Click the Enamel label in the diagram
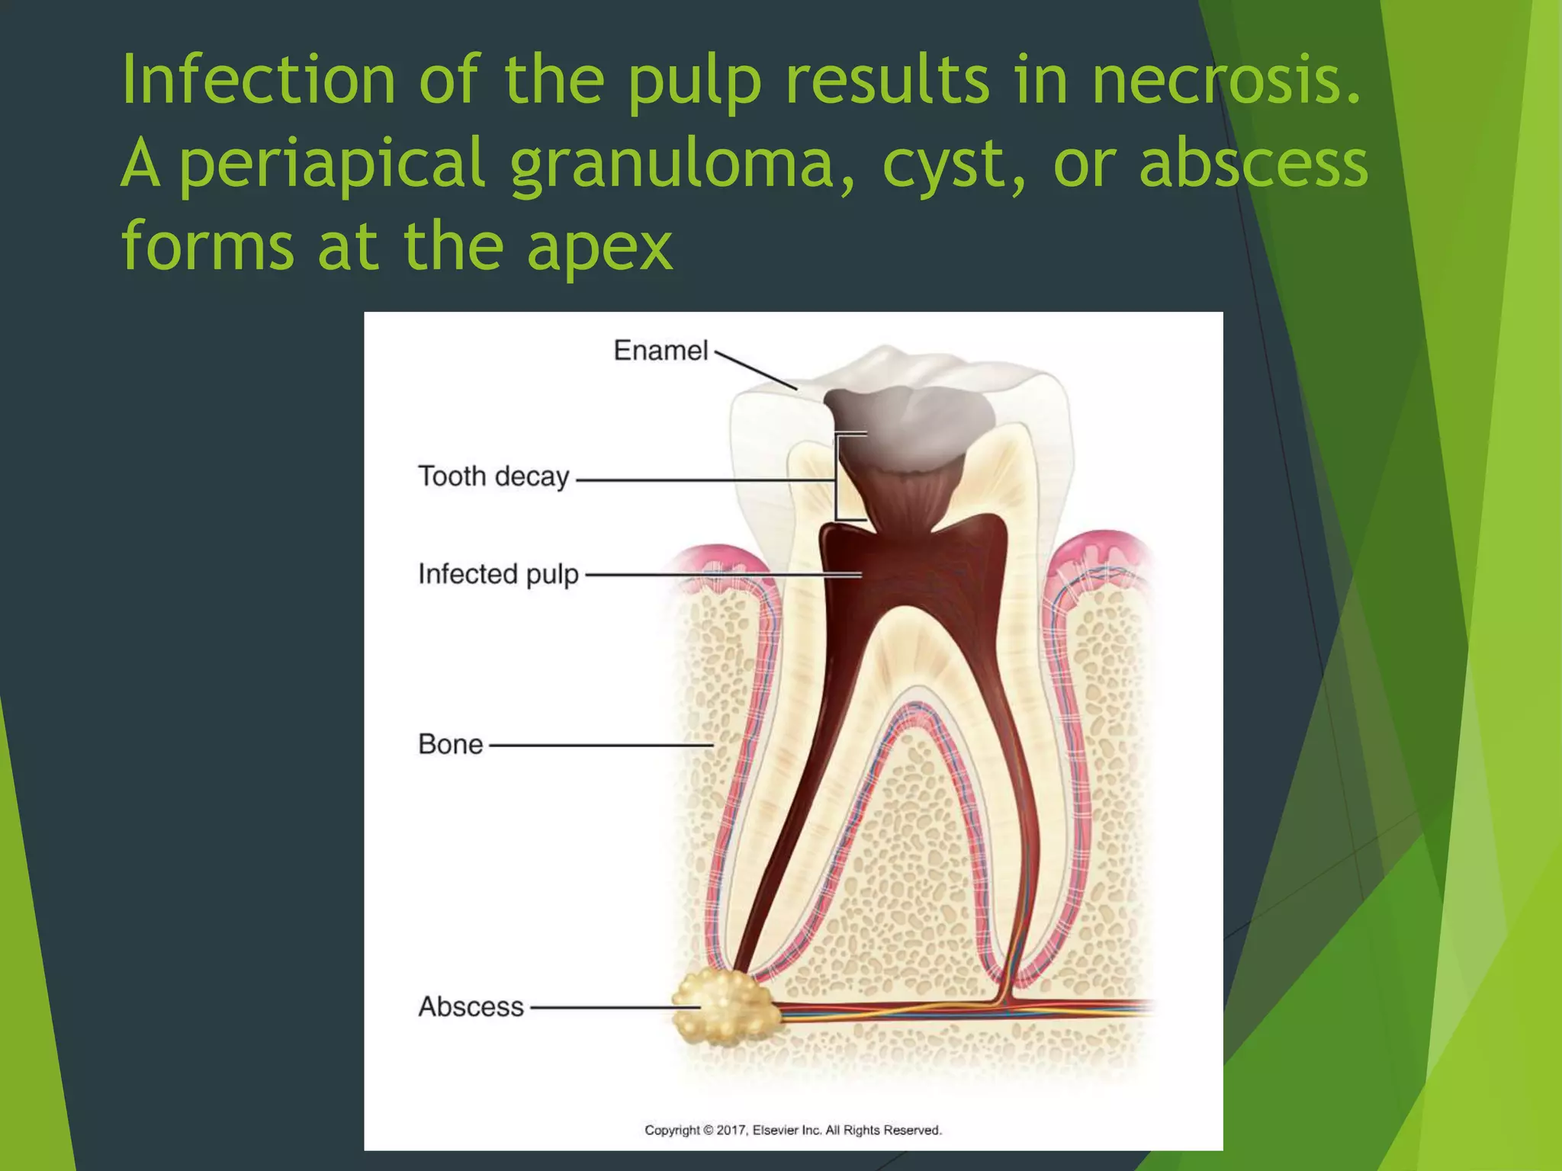(660, 351)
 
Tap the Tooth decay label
(493, 476)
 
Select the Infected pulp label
(498, 574)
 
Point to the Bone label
(450, 744)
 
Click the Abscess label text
(471, 1006)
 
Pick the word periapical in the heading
(332, 163)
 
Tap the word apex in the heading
(599, 245)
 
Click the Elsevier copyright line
(793, 1130)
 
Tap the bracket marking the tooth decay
(839, 477)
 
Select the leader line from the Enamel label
(755, 371)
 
